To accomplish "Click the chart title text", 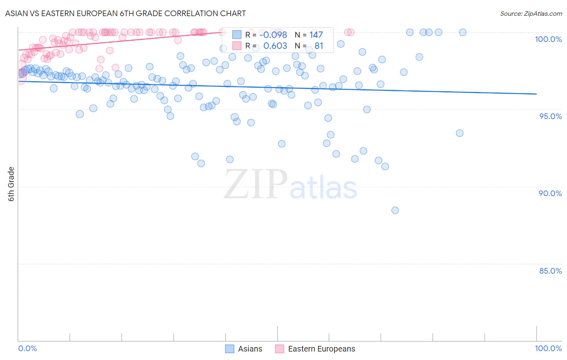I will point(125,13).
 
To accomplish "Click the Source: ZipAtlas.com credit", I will point(531,13).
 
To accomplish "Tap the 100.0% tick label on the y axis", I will point(548,39).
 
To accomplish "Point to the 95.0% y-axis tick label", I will point(550,116).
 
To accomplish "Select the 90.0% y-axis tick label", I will point(550,193).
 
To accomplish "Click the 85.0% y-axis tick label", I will point(550,271).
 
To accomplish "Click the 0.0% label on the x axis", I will point(27,348).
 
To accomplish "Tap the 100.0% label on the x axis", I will point(548,348).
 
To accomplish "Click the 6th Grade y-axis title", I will point(11,184).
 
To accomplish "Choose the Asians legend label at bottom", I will point(250,349).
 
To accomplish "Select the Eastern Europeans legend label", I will point(321,349).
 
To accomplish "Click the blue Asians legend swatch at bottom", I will point(229,349).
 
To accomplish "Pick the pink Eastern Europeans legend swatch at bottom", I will point(280,349).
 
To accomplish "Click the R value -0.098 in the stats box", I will point(273,35).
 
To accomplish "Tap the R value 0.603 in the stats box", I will point(275,46).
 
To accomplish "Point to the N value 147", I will point(316,35).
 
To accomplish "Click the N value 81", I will point(319,46).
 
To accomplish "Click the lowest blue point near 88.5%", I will point(395,210).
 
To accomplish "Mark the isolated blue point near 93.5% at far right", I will point(460,133).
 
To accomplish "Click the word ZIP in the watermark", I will point(256,184).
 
